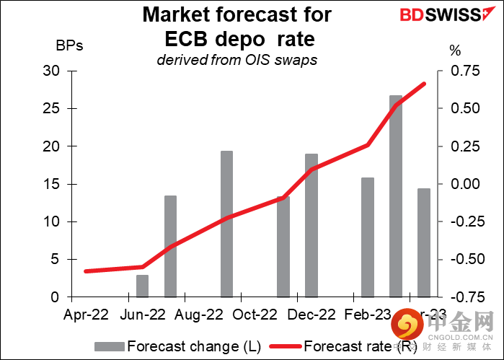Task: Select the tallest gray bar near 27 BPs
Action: pos(396,196)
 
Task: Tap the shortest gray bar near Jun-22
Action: pos(142,286)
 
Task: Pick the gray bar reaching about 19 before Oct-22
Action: pos(226,224)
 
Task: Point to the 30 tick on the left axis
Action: pos(50,71)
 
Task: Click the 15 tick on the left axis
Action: pos(50,184)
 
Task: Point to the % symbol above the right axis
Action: pos(454,51)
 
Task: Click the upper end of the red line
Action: pos(424,84)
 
